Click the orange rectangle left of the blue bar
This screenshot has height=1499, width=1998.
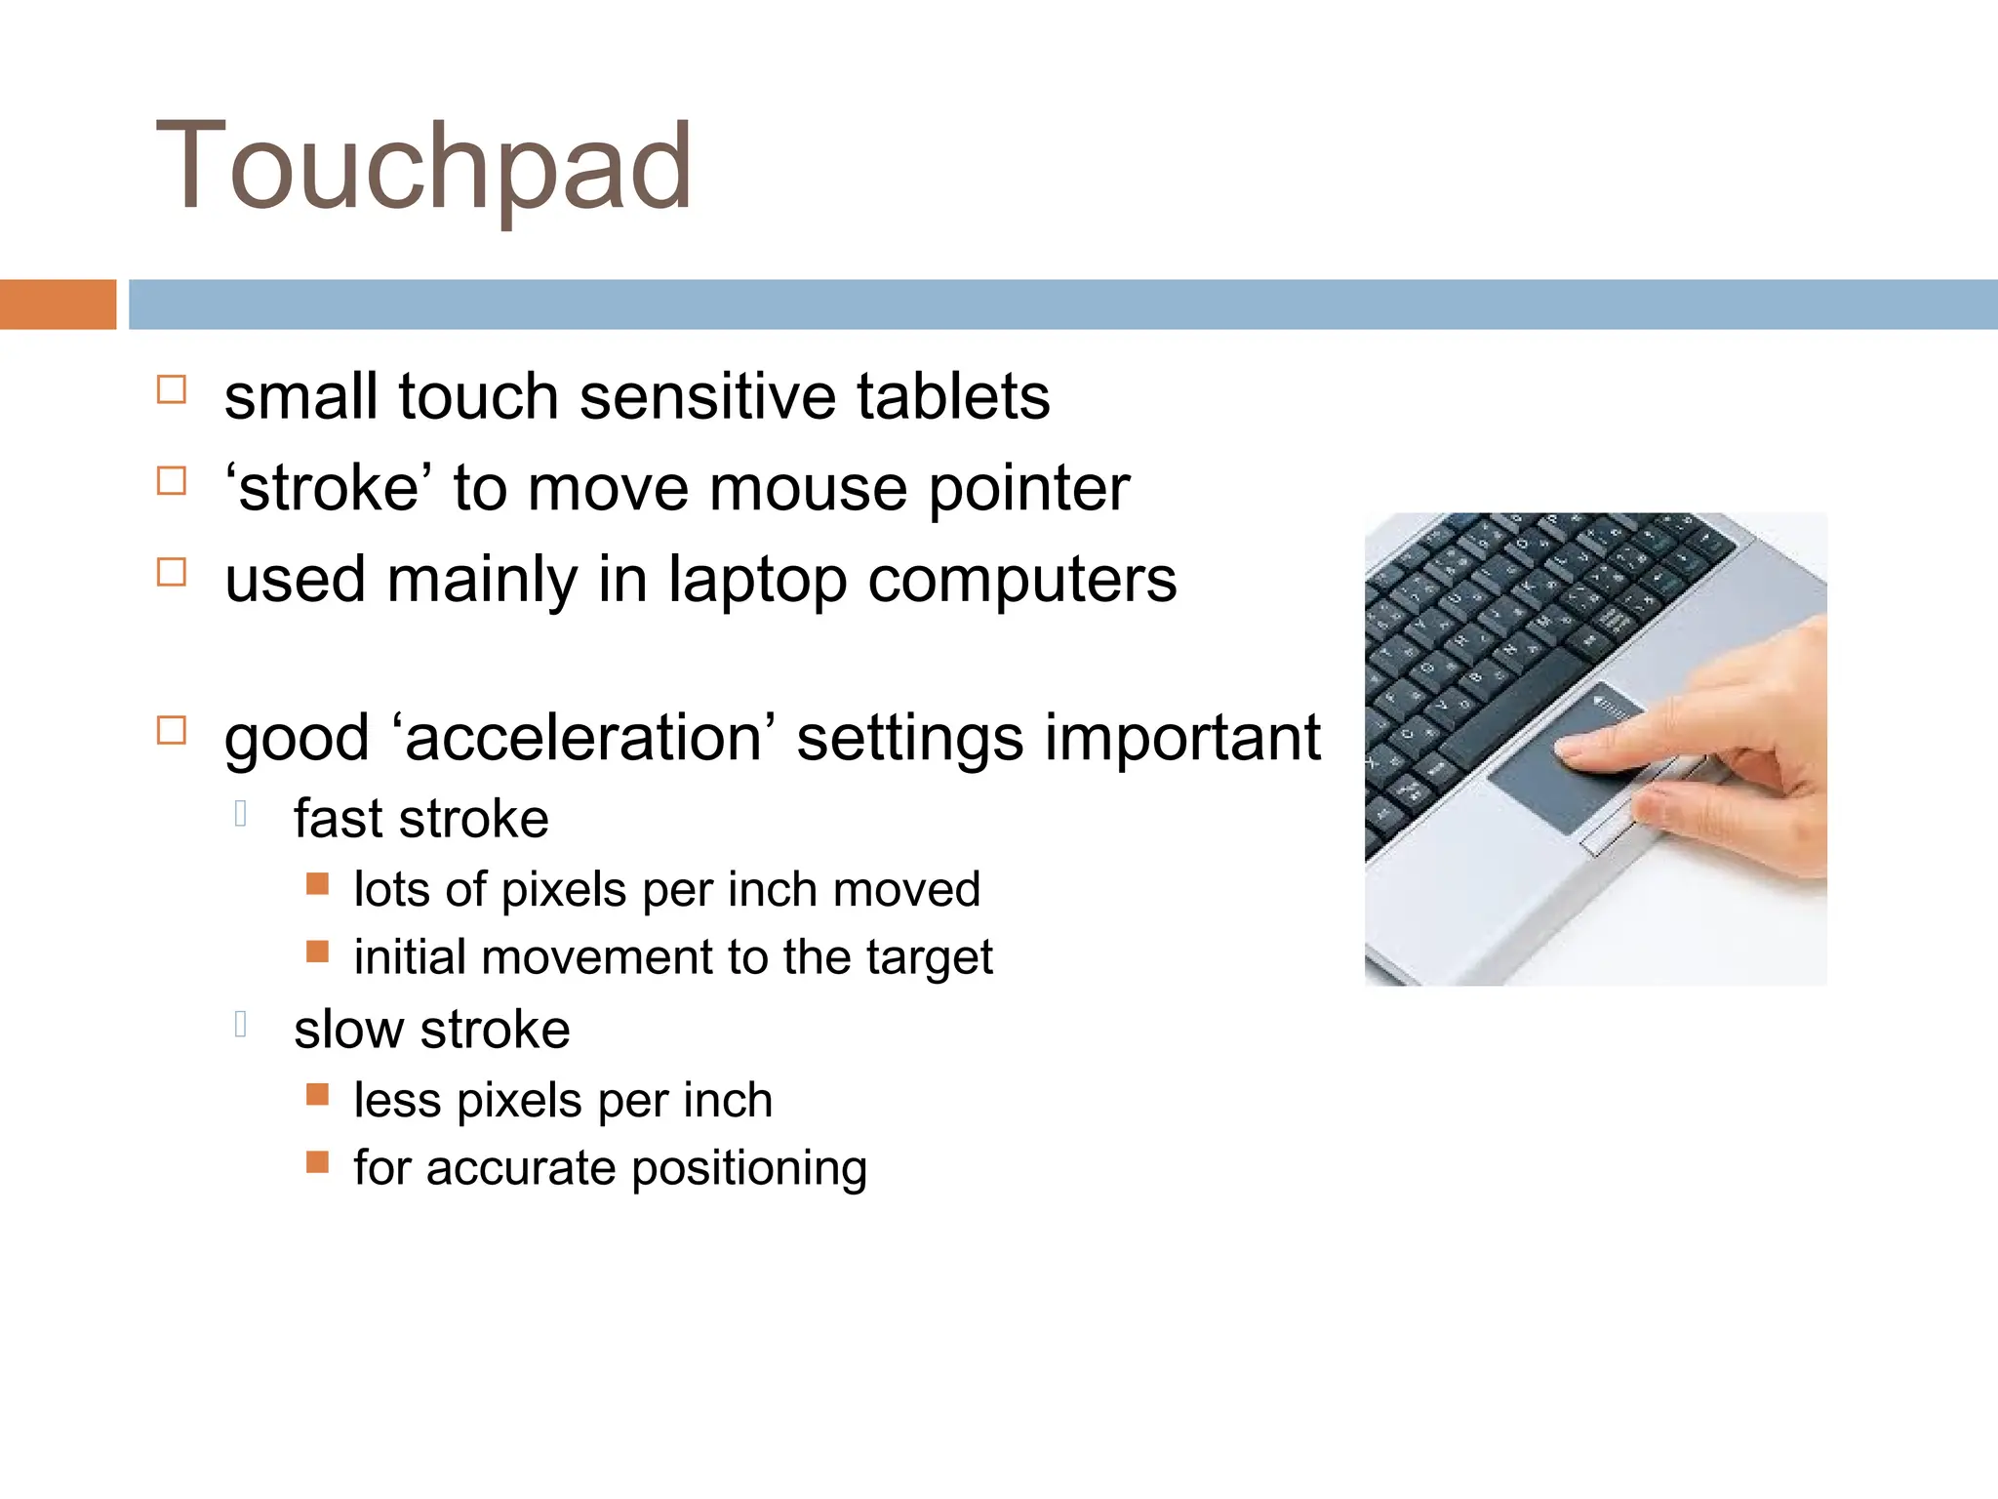tap(58, 304)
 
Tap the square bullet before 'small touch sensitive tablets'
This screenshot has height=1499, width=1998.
tap(172, 390)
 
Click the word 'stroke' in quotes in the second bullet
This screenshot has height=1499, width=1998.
tap(329, 489)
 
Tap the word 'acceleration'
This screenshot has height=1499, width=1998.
tap(582, 738)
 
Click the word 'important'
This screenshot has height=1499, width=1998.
tap(1182, 738)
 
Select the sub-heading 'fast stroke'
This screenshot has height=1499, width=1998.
tap(420, 819)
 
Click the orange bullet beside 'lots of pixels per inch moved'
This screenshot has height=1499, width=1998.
tap(317, 884)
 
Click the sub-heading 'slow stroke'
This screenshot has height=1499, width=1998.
tap(431, 1030)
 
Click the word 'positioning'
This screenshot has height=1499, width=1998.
tap(748, 1168)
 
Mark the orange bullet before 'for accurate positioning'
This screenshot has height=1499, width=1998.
tap(317, 1161)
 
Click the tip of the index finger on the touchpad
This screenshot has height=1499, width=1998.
tap(1565, 749)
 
